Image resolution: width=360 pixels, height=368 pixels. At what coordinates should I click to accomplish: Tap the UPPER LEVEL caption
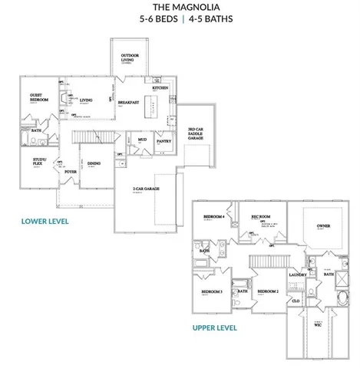tap(215, 327)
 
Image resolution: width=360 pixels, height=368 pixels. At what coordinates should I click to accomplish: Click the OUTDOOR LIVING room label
tap(136, 59)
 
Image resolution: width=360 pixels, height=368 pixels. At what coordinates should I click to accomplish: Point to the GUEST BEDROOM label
tap(39, 98)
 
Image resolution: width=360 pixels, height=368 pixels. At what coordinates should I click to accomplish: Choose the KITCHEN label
tap(160, 89)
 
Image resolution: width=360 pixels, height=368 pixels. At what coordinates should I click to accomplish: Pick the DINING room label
tap(94, 163)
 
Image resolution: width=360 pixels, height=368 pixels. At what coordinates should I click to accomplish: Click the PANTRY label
tap(163, 141)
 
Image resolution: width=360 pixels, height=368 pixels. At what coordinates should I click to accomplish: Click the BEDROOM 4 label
tap(213, 217)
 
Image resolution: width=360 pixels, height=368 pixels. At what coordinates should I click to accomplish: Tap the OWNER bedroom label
tap(322, 226)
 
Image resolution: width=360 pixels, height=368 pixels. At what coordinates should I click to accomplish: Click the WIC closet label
tap(317, 324)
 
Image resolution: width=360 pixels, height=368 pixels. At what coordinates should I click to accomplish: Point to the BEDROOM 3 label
tap(212, 292)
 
